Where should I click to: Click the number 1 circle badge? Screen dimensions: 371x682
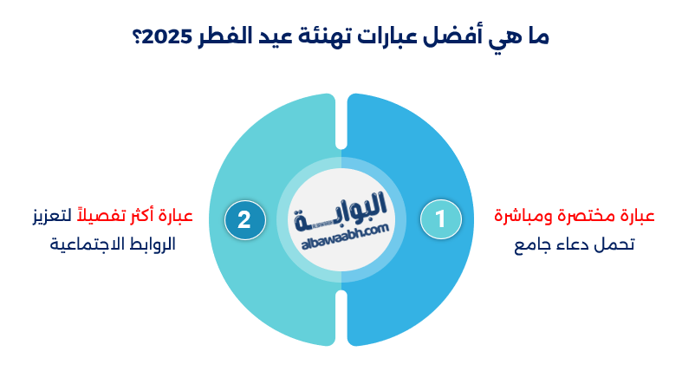click(440, 219)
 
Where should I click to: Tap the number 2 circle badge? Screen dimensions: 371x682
click(244, 219)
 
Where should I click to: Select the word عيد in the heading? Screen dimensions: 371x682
click(282, 38)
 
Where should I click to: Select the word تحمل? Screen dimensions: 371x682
click(619, 244)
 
